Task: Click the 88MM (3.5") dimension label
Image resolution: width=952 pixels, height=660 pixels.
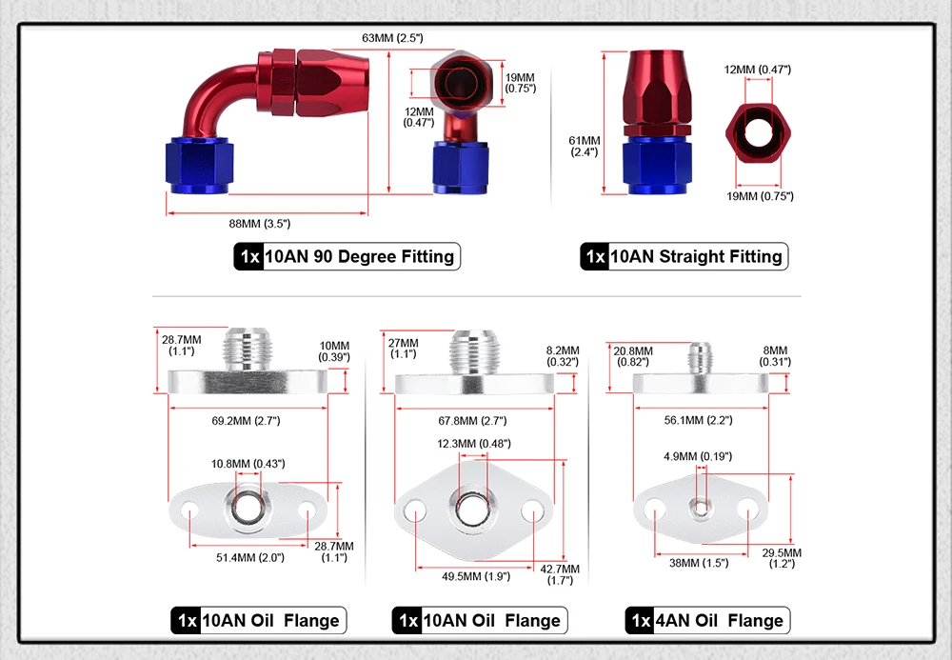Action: point(259,223)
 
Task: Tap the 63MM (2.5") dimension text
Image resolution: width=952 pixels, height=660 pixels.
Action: point(392,38)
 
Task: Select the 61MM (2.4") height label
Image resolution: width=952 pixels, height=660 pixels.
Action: point(585,146)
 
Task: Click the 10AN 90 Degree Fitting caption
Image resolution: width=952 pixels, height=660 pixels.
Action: point(360,256)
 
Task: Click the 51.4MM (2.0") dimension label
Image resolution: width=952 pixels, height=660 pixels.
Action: point(248,558)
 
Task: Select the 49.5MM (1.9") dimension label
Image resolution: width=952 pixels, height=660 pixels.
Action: point(475,575)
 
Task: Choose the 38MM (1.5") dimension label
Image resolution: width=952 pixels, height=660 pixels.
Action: point(699,563)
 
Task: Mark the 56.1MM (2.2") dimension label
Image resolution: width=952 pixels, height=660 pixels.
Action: point(698,420)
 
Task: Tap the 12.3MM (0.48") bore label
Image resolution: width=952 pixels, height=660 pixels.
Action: point(474,444)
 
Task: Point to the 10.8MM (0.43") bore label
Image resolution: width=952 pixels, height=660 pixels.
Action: point(248,463)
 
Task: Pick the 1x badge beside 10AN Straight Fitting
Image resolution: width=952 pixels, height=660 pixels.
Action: point(595,256)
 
